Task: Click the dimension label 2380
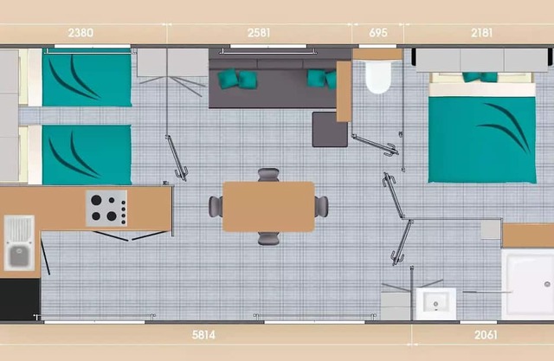[x=81, y=33]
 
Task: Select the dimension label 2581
[x=259, y=33]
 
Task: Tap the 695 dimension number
[x=378, y=33]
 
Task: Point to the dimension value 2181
[x=481, y=33]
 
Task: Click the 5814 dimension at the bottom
[x=203, y=334]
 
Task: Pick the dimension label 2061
[x=486, y=334]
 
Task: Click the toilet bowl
[x=378, y=77]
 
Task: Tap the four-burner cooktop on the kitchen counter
[x=106, y=208]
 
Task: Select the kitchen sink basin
[x=19, y=255]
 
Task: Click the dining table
[x=268, y=207]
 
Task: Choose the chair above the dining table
[x=268, y=175]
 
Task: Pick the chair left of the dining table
[x=216, y=207]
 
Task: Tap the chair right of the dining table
[x=321, y=207]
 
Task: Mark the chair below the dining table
[x=268, y=238]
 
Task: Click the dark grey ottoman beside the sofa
[x=330, y=130]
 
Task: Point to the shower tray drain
[x=547, y=284]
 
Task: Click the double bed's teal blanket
[x=482, y=140]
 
